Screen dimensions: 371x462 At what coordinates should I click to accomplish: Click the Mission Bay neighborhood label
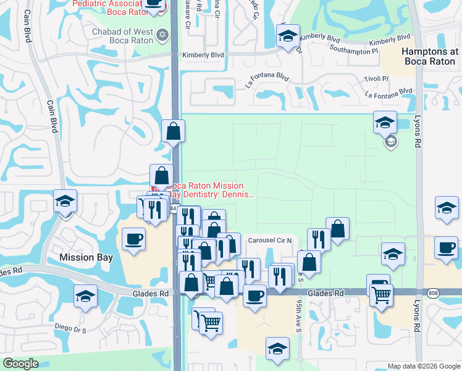coord(85,257)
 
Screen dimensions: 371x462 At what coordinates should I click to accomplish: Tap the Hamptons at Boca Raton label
coord(430,57)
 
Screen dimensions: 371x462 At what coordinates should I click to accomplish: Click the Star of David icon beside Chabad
coord(163,34)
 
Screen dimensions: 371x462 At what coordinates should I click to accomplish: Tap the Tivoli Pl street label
coord(376,79)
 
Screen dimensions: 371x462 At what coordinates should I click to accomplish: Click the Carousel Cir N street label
coord(272,240)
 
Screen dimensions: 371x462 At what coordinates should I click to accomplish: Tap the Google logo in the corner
coord(20,364)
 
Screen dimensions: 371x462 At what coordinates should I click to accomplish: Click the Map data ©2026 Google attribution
coord(424,366)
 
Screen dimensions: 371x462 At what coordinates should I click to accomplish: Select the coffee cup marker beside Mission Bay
coord(134,239)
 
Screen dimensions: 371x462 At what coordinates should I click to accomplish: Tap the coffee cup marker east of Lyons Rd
coord(446,247)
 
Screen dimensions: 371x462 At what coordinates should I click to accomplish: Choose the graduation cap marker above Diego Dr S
coord(85,296)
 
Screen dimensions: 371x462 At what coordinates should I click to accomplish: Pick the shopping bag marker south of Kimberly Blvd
coord(173,130)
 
